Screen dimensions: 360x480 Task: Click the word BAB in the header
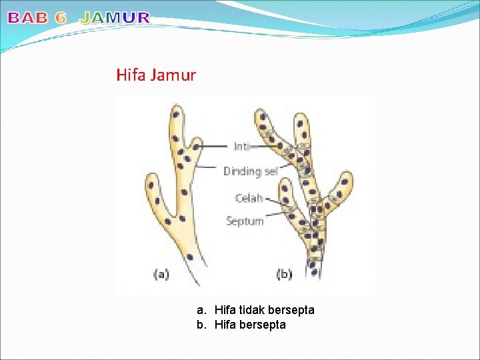pos(28,19)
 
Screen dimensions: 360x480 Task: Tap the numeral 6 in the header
pos(61,19)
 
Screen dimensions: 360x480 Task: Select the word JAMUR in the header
pos(115,19)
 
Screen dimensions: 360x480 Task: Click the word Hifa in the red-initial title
pos(131,75)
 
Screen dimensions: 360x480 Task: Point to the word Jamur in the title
pos(173,75)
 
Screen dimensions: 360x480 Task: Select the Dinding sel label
pos(250,171)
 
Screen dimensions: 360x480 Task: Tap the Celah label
pos(249,198)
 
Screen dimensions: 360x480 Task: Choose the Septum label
pos(245,221)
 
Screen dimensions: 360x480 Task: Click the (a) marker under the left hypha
pos(160,274)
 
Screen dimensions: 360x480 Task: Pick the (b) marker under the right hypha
pos(284,274)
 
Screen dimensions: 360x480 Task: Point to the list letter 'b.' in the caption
pos(201,325)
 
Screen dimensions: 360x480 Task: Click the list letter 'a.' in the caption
pos(201,310)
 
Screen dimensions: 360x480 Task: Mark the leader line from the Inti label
pos(215,146)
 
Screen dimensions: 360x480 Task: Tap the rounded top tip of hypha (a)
pos(176,107)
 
